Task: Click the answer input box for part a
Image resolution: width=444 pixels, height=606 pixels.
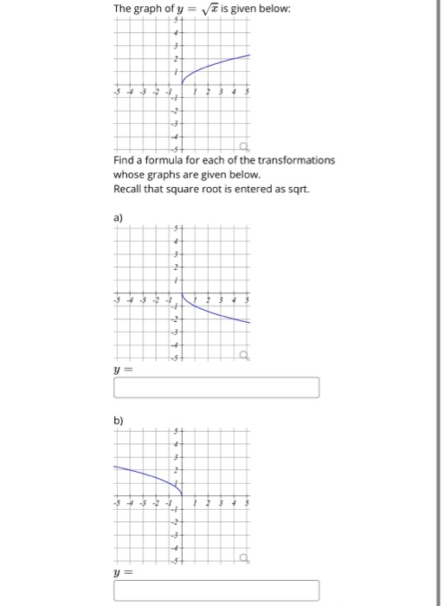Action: click(x=216, y=388)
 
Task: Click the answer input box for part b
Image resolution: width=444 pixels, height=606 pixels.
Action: click(x=216, y=592)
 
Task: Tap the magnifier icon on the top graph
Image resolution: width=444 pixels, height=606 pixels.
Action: click(x=244, y=146)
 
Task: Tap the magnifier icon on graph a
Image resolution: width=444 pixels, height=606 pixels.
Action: click(x=244, y=354)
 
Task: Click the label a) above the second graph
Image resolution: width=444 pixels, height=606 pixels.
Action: click(x=119, y=219)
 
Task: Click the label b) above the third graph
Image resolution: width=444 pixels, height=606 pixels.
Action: click(x=119, y=422)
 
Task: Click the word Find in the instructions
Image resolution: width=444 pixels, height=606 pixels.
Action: click(x=123, y=160)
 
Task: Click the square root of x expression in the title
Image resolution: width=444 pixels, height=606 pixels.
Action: click(x=209, y=9)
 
